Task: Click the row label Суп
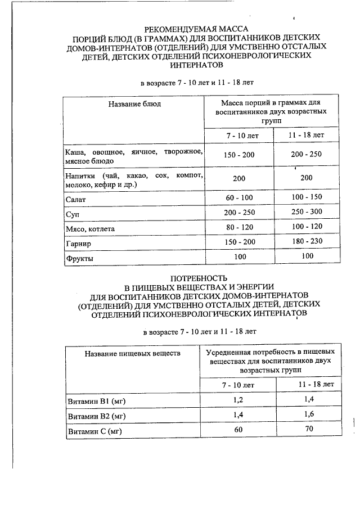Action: point(71,214)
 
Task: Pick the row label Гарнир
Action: point(78,244)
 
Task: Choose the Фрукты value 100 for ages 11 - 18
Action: point(307,257)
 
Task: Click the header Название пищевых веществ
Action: point(133,353)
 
